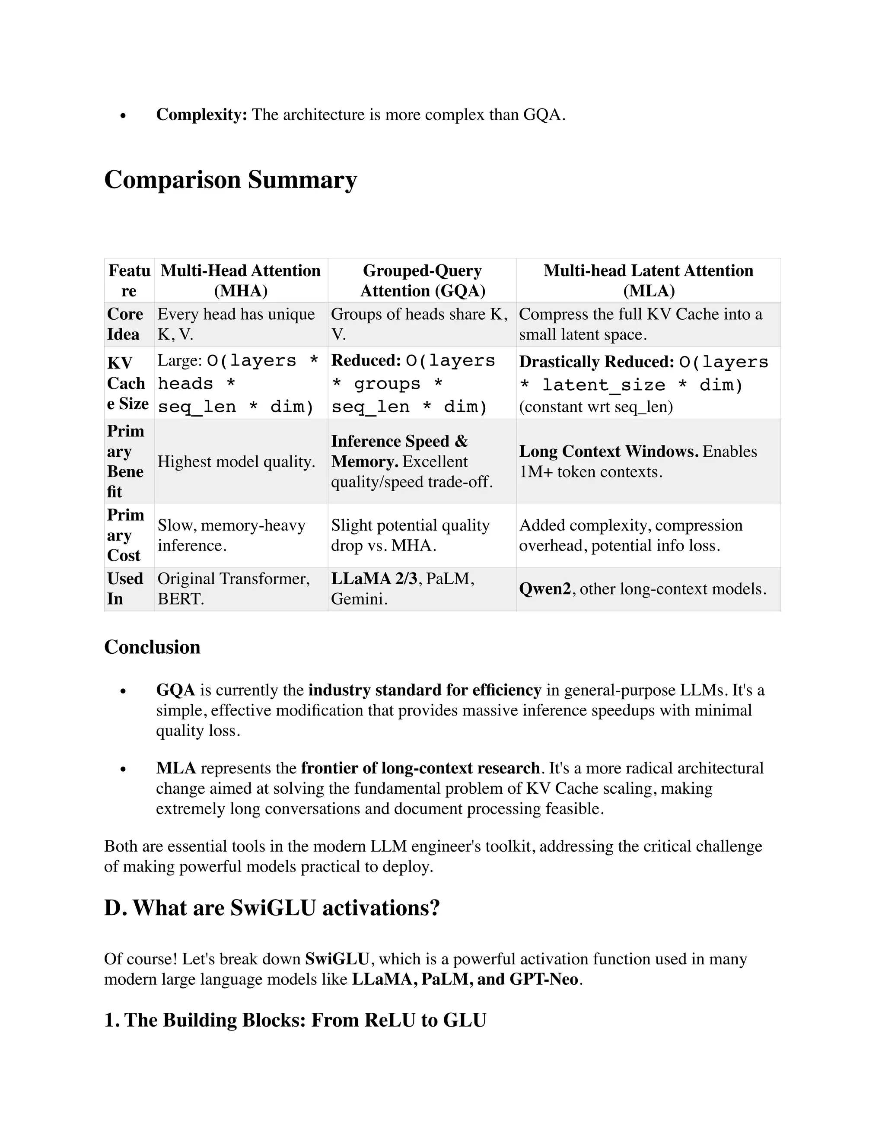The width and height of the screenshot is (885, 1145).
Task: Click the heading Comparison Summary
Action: (x=230, y=180)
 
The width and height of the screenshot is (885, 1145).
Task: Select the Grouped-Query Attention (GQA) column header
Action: (x=422, y=280)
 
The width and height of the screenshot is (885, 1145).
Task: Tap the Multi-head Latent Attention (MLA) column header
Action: (x=648, y=280)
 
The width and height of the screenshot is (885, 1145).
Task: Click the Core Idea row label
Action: (x=125, y=324)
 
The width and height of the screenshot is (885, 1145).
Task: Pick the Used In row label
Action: (x=125, y=588)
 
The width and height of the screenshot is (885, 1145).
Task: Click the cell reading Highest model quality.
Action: (x=236, y=461)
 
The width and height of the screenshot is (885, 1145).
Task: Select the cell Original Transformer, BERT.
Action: (x=234, y=588)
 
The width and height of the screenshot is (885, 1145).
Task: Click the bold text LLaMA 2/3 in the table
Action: (x=374, y=578)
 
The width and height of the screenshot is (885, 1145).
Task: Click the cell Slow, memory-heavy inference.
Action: (x=231, y=535)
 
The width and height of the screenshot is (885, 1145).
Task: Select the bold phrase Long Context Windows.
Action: (x=608, y=452)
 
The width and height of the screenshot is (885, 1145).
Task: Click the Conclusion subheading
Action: (x=152, y=647)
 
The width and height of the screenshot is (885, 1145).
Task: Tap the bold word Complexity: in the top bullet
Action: (x=201, y=114)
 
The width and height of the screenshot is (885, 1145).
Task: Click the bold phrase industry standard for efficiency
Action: (x=425, y=690)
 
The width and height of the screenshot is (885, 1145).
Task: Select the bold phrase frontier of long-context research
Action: (x=420, y=768)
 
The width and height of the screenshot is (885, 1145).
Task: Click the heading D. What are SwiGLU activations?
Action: (x=271, y=907)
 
